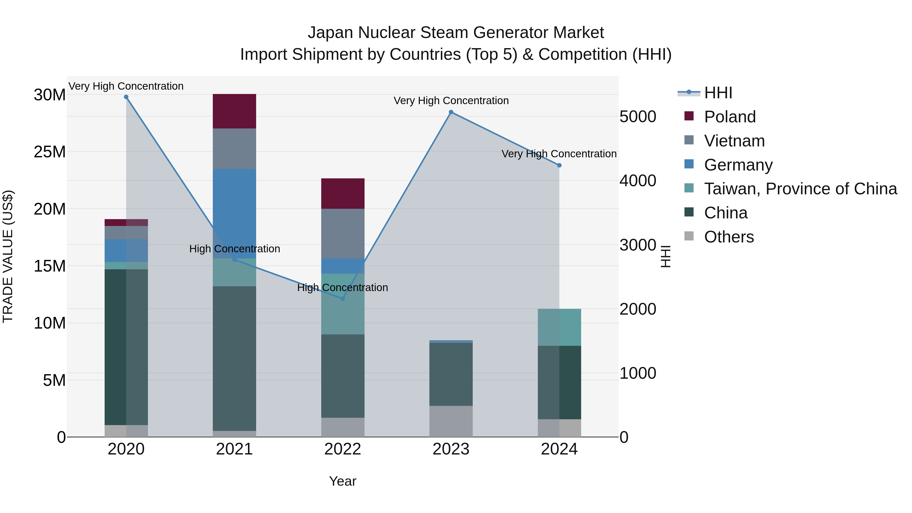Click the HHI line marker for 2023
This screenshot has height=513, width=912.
(x=451, y=112)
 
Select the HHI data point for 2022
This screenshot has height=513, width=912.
(x=342, y=299)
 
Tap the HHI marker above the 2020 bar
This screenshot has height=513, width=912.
(x=126, y=97)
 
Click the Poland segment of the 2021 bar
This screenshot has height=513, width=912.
(x=234, y=111)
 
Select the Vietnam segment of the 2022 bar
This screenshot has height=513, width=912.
(x=342, y=233)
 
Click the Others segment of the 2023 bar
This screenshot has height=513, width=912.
(x=451, y=421)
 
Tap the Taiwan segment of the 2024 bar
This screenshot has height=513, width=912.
(x=559, y=327)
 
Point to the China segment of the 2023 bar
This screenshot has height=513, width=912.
(x=451, y=374)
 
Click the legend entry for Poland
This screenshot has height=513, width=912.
(x=730, y=117)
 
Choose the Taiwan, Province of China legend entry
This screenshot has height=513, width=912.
(x=800, y=189)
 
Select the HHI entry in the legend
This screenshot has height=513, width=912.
(x=718, y=93)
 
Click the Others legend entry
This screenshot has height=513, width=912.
(x=729, y=237)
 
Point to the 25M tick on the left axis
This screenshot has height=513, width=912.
(x=50, y=152)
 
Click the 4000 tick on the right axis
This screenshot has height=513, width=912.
(x=638, y=181)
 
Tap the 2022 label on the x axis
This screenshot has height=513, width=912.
(x=342, y=449)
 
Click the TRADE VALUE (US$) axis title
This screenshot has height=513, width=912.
(x=8, y=256)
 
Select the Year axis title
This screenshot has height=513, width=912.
(x=342, y=481)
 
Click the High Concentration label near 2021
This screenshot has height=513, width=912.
(x=234, y=249)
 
